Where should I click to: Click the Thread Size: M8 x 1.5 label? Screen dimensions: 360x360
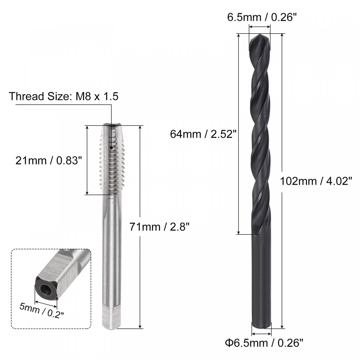pyautogui.click(x=64, y=96)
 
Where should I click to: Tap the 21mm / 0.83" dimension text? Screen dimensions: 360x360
pyautogui.click(x=49, y=160)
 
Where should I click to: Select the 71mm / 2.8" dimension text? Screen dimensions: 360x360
pyautogui.click(x=159, y=227)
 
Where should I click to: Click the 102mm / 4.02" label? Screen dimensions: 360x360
pyautogui.click(x=316, y=181)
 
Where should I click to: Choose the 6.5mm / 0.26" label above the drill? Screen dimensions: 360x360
pyautogui.click(x=262, y=18)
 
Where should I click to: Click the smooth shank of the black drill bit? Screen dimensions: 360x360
pyautogui.click(x=262, y=280)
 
